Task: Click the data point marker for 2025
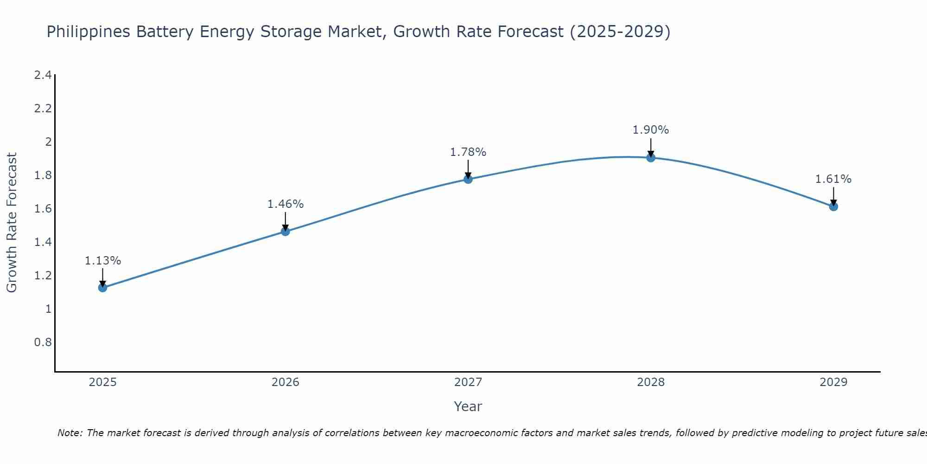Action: (102, 288)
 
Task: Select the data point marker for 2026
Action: (286, 232)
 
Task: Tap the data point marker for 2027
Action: (468, 179)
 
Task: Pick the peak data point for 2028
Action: (651, 158)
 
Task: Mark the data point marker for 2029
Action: (833, 206)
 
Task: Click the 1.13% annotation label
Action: (102, 261)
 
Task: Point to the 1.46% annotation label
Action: (286, 204)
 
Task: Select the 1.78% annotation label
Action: (468, 152)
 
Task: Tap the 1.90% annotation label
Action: (651, 130)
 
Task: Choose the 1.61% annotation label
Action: (833, 179)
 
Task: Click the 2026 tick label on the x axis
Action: (286, 382)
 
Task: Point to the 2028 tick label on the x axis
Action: (651, 382)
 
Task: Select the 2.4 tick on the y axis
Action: (43, 75)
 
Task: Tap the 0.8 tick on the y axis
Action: (43, 342)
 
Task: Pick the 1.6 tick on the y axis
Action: (43, 209)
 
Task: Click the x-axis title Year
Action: (468, 406)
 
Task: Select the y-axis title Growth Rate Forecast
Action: (12, 223)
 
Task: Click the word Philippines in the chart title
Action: (89, 32)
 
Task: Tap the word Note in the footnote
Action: (70, 433)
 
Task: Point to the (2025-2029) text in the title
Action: (620, 32)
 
